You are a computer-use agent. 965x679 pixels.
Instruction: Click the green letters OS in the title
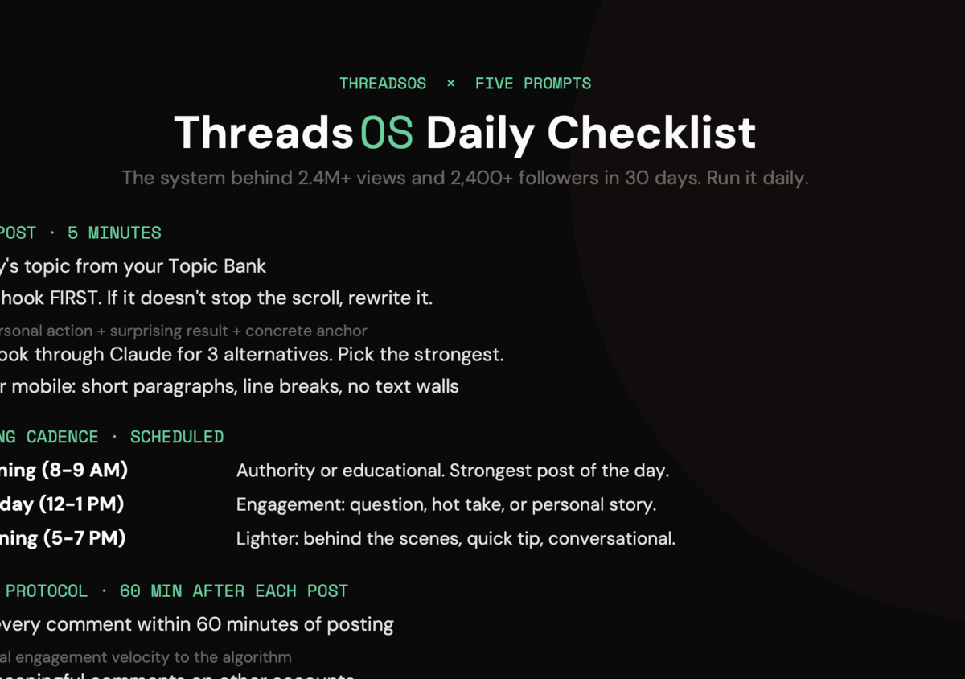(386, 134)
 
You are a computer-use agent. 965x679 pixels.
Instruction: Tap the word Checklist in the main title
(652, 134)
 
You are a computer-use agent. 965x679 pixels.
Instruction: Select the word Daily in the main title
(480, 134)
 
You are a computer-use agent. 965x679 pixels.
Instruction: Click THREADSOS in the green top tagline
(383, 84)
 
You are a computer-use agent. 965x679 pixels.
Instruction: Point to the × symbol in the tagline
(450, 84)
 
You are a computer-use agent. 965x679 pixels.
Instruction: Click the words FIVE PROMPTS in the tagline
(533, 84)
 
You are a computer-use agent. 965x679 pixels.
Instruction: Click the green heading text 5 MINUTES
(114, 233)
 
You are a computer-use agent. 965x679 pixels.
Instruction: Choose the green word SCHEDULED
(177, 438)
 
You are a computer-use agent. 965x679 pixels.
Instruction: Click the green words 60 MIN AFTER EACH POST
(233, 591)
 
